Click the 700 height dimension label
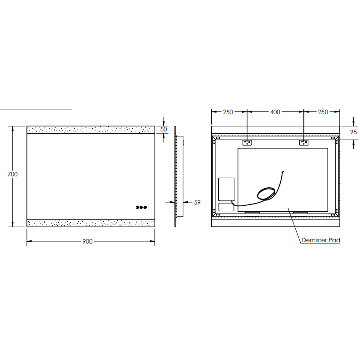pyautogui.click(x=12, y=174)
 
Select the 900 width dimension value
pyautogui.click(x=87, y=241)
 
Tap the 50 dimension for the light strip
pyautogui.click(x=163, y=130)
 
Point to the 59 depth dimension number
pyautogui.click(x=197, y=202)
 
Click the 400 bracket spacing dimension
pyautogui.click(x=275, y=112)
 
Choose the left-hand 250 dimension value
pyautogui.click(x=228, y=112)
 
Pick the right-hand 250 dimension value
pyautogui.click(x=323, y=112)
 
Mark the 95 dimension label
pyautogui.click(x=353, y=132)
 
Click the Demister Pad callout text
pyautogui.click(x=321, y=240)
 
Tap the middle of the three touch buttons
pyautogui.click(x=141, y=207)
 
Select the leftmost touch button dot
pyautogui.click(x=137, y=207)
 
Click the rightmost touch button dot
pyautogui.click(x=145, y=207)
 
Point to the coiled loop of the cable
pyautogui.click(x=266, y=194)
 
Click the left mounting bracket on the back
pyautogui.click(x=247, y=142)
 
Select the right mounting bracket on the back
pyautogui.click(x=304, y=142)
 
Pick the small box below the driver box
pyautogui.click(x=226, y=207)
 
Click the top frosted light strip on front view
pyautogui.click(x=91, y=130)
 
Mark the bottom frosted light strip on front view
pyautogui.click(x=91, y=223)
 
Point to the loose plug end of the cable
pyautogui.click(x=283, y=172)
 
